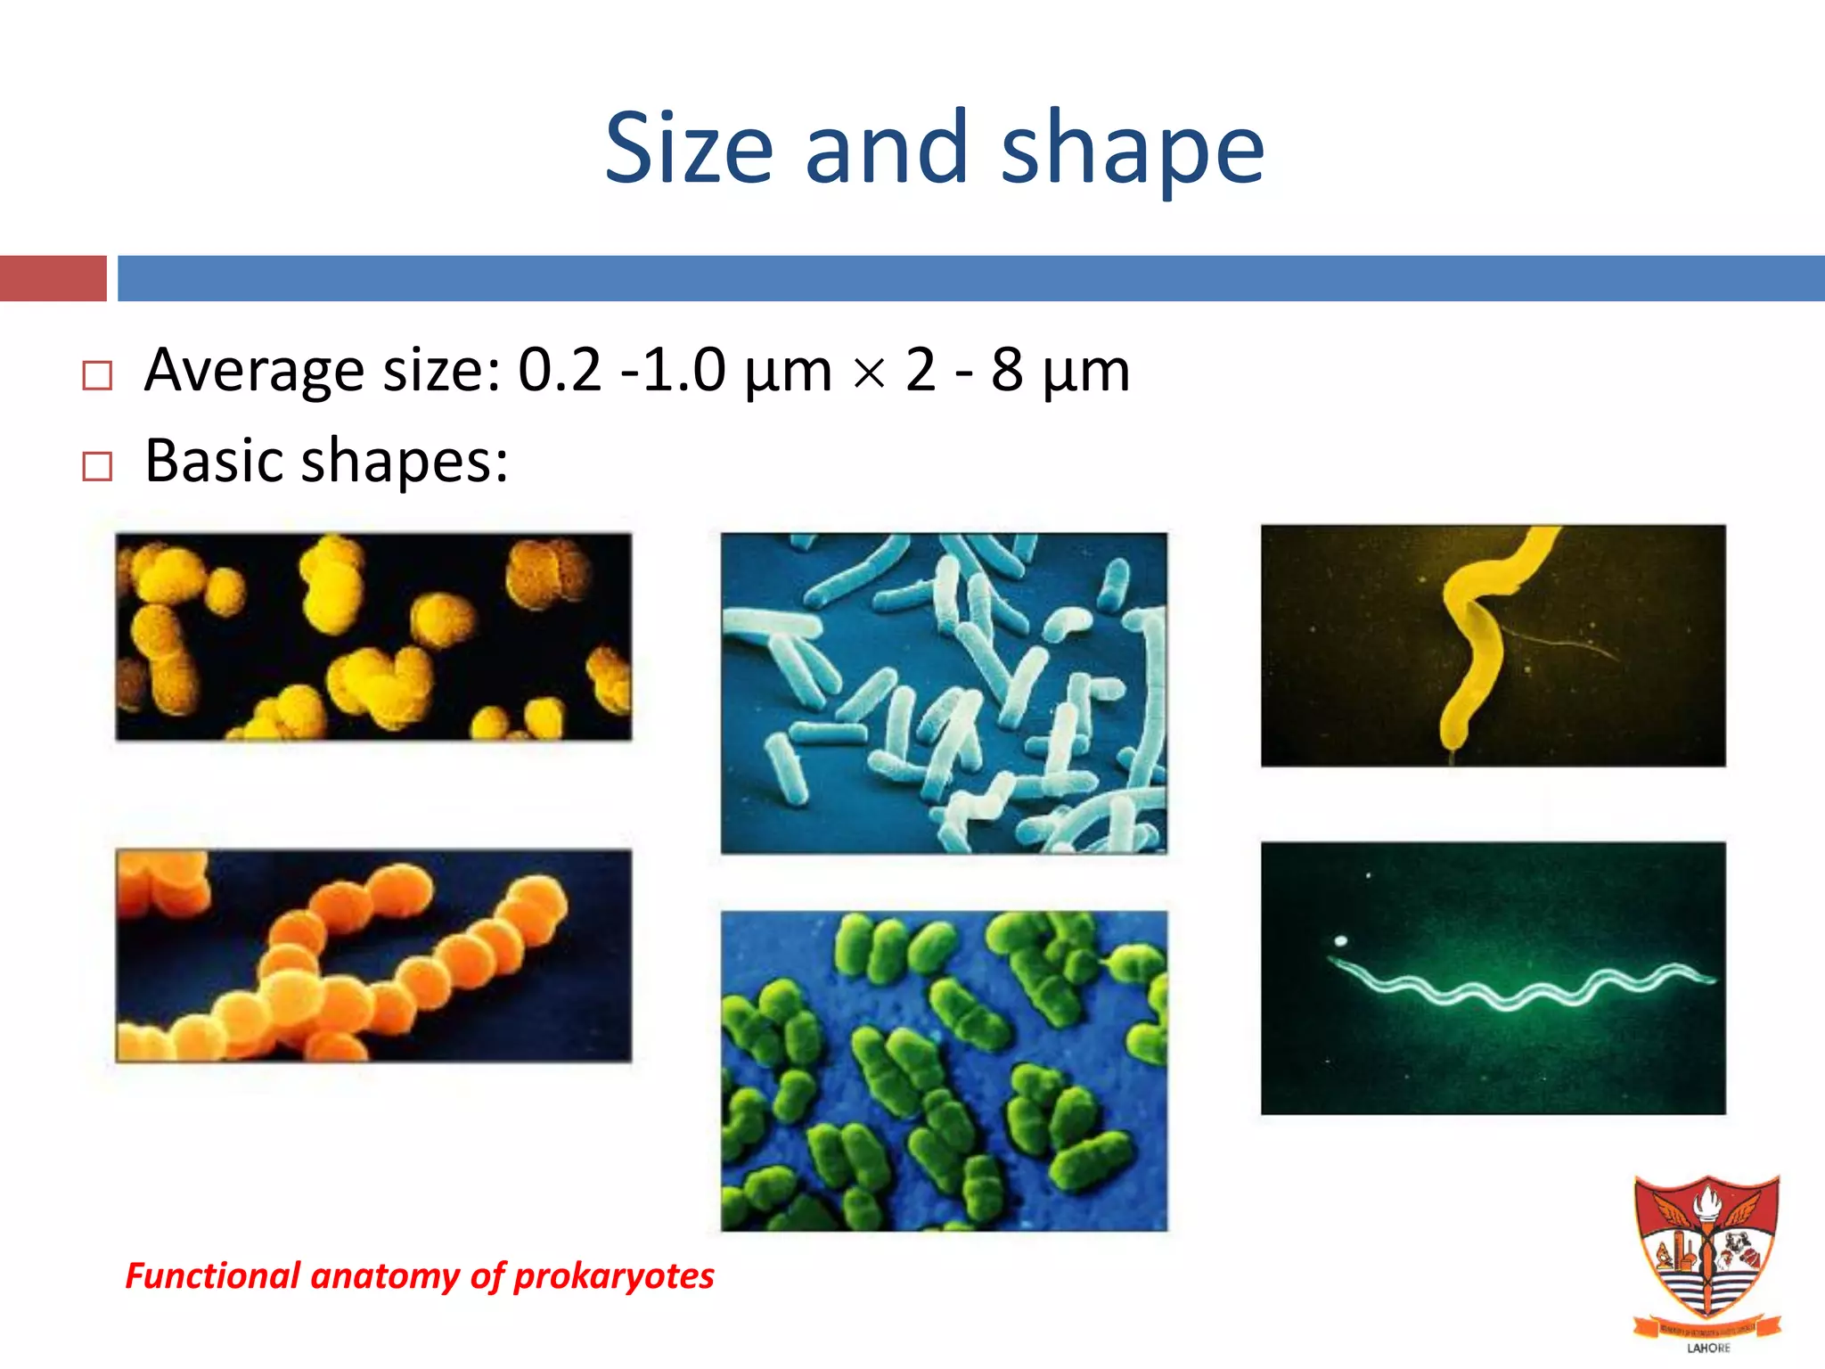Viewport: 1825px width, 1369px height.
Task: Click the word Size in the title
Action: [688, 148]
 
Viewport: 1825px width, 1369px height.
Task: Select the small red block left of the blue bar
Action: [53, 278]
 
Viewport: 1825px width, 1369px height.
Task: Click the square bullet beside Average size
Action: [97, 375]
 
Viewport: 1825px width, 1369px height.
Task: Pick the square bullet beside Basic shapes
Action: [97, 466]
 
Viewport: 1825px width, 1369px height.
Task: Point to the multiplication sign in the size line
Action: [869, 373]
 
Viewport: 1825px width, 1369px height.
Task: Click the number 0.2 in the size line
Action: [560, 369]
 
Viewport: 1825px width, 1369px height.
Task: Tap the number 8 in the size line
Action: [1007, 369]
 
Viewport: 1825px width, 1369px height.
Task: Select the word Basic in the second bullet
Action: [215, 461]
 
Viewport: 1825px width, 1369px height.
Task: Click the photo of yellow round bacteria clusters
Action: [373, 636]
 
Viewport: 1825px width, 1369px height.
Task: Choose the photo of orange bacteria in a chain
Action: [373, 955]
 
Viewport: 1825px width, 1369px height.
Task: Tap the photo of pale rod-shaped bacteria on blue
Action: [944, 693]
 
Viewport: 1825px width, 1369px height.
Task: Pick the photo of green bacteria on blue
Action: [944, 1070]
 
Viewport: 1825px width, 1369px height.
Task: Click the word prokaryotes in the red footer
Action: [614, 1275]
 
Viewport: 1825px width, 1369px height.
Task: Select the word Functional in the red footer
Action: [213, 1275]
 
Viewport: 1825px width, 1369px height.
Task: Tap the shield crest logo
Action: [1706, 1248]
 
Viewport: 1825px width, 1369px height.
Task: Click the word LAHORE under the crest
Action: [1708, 1348]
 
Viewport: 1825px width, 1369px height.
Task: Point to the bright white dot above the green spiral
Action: [1341, 940]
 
